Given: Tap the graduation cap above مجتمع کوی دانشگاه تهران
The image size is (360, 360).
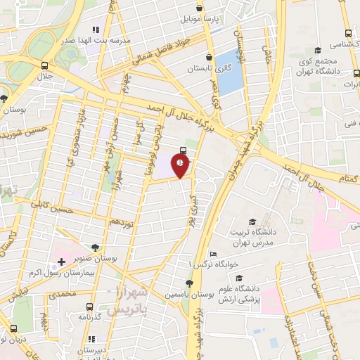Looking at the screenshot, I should [318, 50].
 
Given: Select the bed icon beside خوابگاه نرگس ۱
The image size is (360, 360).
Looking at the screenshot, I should [213, 254].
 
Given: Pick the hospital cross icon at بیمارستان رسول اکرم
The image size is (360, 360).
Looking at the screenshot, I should [62, 262].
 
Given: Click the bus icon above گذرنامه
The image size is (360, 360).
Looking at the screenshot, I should [89, 307].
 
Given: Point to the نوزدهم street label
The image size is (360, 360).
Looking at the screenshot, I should [121, 221].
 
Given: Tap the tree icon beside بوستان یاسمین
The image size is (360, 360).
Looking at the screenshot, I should [188, 283].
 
